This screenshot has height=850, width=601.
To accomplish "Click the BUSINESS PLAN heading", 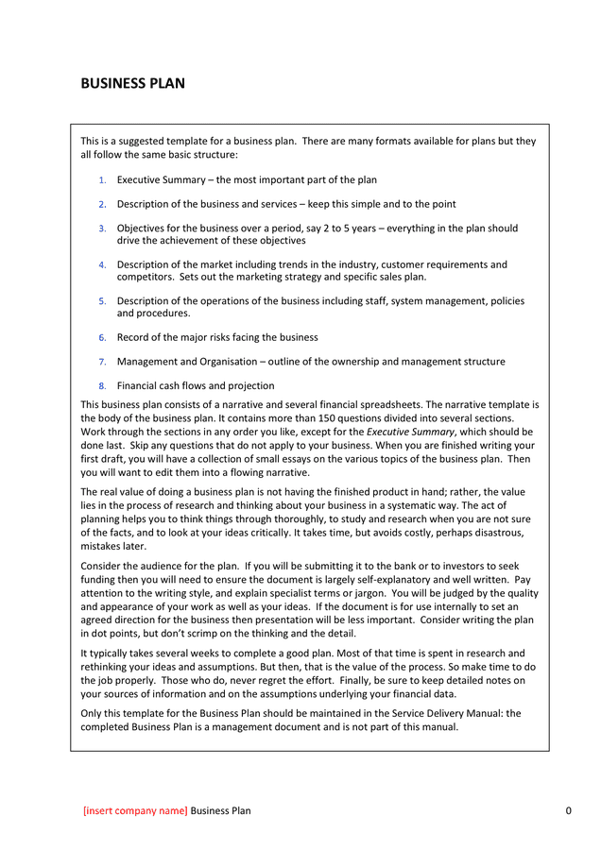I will point(132,83).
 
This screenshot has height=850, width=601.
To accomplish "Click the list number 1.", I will point(102,179).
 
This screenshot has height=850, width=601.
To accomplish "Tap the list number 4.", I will point(102,265).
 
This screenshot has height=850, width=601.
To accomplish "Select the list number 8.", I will point(102,386).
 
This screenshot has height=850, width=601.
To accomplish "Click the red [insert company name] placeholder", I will point(135,810).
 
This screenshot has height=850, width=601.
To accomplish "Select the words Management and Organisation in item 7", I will point(189,362).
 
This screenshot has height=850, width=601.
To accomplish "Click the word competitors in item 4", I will point(145,278).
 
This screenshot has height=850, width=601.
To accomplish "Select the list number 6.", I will point(102,337).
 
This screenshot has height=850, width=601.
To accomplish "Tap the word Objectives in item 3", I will point(142,229).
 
